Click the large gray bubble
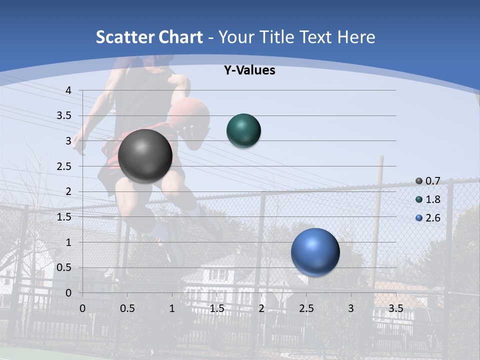145,156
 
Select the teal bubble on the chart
243,130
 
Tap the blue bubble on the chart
315,252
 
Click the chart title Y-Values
249,70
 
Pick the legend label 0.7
433,180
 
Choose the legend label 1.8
433,199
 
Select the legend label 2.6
433,218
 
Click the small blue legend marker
419,218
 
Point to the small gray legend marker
419,180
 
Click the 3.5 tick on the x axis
396,308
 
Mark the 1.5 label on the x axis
216,308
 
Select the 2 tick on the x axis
261,308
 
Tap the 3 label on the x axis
351,308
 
